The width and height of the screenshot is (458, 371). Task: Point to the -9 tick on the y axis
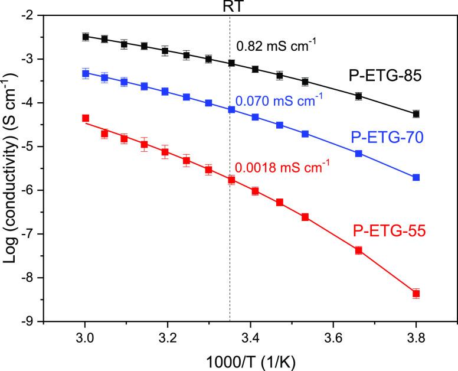coord(34,321)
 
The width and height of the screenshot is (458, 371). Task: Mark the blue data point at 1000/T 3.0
coord(86,74)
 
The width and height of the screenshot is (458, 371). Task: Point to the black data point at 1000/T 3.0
coord(86,37)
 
